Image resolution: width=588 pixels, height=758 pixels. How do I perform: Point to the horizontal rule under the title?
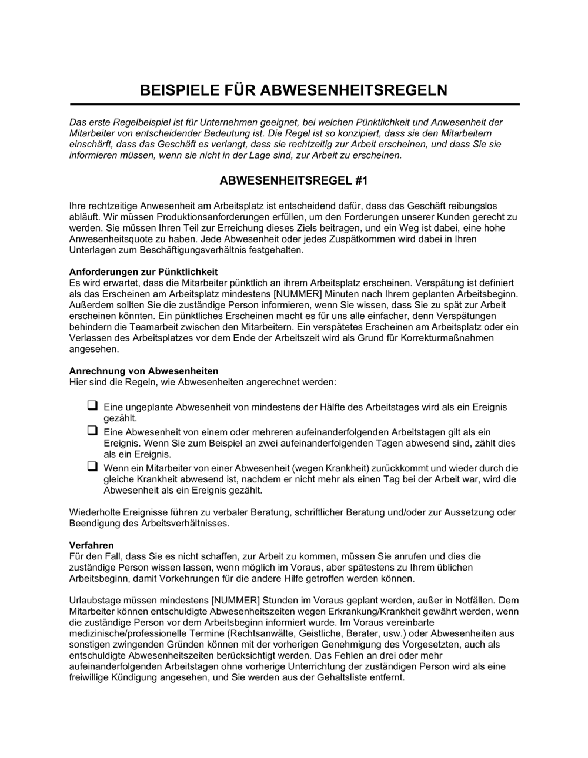coord(294,105)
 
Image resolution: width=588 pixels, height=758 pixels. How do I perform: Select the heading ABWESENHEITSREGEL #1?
coord(293,181)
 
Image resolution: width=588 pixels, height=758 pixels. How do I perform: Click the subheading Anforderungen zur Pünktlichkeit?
coord(143,271)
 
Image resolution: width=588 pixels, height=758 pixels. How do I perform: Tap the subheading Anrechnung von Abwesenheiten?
coord(143,371)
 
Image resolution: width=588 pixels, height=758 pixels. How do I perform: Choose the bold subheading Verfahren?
coord(91,545)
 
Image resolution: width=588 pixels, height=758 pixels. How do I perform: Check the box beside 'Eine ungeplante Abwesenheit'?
coord(92,405)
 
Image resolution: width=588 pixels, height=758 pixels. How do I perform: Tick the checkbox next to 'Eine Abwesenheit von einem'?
coord(92,431)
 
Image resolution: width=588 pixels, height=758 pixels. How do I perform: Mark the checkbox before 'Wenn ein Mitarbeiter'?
coord(92,467)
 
